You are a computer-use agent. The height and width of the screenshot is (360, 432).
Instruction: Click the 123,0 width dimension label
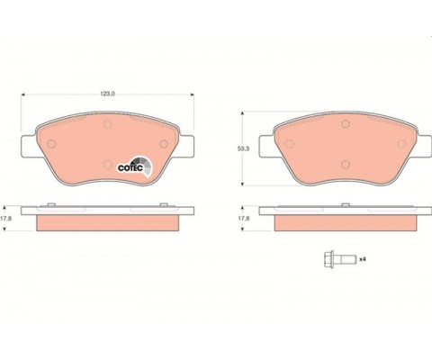coord(108,94)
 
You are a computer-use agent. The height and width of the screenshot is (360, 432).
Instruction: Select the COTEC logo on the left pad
coord(135,166)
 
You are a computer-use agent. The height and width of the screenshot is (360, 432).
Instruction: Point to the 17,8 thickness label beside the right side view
coord(244,219)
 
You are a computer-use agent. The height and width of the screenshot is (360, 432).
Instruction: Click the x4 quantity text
coord(363,259)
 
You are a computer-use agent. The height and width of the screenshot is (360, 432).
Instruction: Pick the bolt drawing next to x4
coord(340,259)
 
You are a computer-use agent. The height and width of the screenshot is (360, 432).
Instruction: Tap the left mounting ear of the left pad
coord(29,146)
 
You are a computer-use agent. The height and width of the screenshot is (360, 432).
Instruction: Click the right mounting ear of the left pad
coord(186,146)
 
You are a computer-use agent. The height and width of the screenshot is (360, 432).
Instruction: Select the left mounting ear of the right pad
coord(266,146)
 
